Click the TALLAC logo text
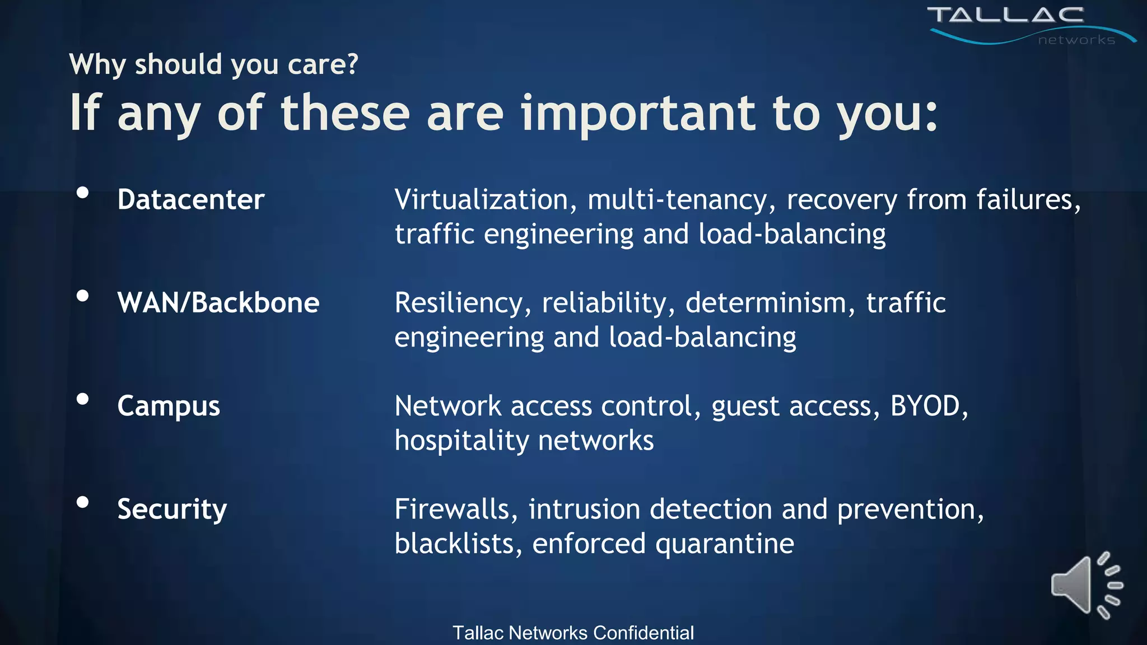coord(1006,15)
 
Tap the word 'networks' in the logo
coord(1076,40)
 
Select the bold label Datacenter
coord(191,200)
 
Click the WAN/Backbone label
coord(218,303)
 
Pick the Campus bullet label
coord(169,406)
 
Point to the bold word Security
coord(172,510)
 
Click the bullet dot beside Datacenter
coord(83,193)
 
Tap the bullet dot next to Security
coord(83,502)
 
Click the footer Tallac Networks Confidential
coord(573,633)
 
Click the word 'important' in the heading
coord(638,113)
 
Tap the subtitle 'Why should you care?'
coord(213,64)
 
